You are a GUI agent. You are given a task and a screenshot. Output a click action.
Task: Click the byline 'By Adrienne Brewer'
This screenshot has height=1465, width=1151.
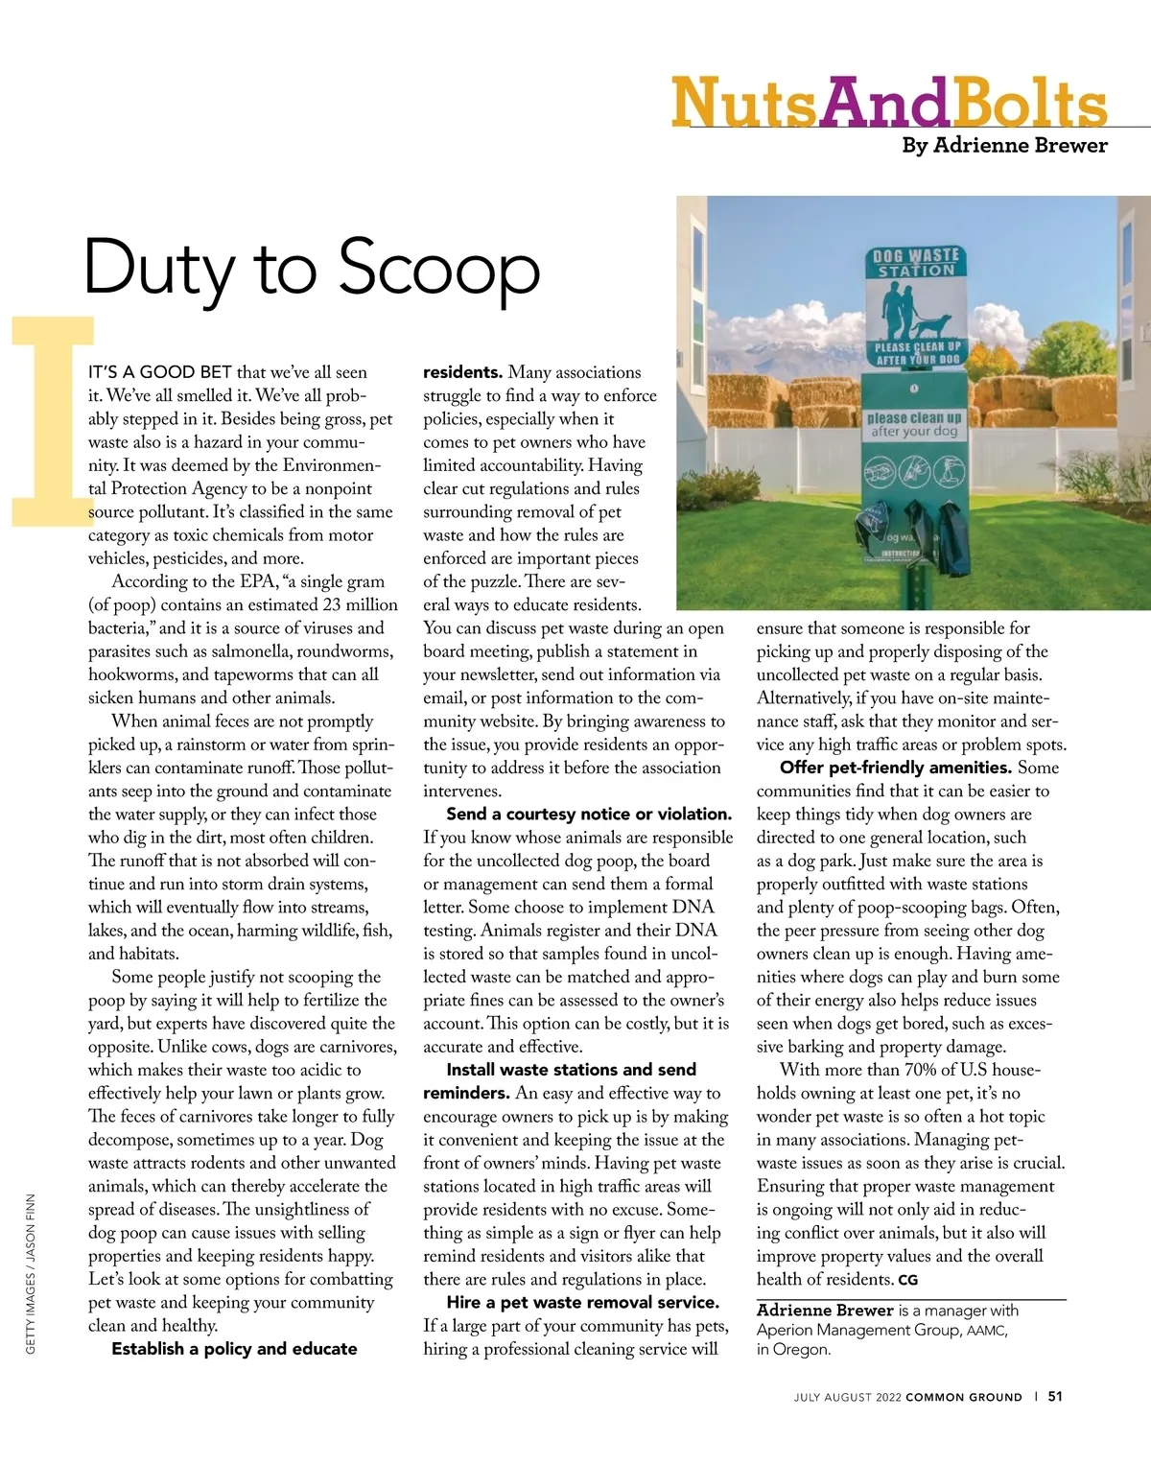[x=1004, y=146]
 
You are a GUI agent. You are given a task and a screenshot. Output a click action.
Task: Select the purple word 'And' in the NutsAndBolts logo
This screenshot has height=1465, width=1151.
[x=884, y=104]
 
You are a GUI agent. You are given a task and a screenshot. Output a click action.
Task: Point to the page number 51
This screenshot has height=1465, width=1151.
[x=1055, y=1397]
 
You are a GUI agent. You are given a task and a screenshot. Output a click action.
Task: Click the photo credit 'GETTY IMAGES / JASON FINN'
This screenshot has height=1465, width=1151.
[x=31, y=1274]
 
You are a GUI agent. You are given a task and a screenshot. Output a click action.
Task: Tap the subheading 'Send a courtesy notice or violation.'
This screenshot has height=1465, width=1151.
[x=589, y=815]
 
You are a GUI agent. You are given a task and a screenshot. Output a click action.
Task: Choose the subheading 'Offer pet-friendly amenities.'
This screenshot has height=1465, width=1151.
[x=896, y=768]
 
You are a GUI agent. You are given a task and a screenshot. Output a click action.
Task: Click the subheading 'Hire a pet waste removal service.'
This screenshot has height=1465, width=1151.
[x=582, y=1303]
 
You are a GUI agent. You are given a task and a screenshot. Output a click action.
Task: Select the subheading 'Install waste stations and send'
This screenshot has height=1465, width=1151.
[x=572, y=1070]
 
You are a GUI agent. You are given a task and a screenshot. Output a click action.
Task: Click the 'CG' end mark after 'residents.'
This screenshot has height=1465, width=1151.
[x=907, y=1281]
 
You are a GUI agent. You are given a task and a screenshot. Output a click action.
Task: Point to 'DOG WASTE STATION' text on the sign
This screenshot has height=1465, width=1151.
[x=915, y=263]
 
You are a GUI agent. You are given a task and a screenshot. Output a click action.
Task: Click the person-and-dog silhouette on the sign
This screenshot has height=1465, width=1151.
[x=915, y=310]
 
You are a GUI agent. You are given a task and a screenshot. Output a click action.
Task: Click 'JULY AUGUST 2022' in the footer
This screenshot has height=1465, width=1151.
[x=847, y=1398]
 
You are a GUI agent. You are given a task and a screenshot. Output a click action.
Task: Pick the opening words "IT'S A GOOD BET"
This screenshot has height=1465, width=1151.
[x=160, y=372]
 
